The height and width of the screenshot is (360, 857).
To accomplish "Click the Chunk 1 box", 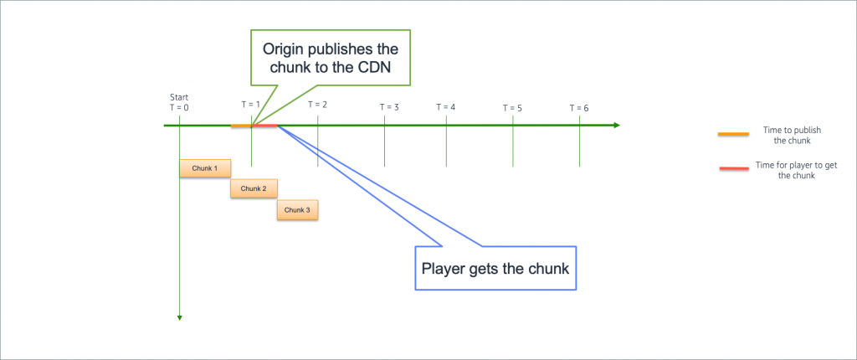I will [204, 168].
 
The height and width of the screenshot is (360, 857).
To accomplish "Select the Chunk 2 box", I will [253, 188].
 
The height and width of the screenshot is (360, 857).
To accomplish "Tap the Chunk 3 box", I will [297, 209].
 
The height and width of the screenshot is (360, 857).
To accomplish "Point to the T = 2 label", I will [317, 105].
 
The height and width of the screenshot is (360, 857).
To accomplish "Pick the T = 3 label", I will [389, 107].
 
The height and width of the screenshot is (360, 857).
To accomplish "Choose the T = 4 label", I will [446, 107].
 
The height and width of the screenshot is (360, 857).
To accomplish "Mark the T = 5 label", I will [512, 108].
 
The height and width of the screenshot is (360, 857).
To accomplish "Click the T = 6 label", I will [579, 108].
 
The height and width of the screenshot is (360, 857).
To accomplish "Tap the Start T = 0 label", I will [179, 103].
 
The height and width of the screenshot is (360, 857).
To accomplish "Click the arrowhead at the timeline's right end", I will [616, 126].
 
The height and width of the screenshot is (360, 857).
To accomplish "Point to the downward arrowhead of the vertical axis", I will [179, 317].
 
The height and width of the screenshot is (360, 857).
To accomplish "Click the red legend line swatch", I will [733, 168].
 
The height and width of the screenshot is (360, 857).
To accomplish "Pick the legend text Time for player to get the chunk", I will [789, 172].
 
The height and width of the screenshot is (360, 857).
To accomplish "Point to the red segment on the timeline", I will [264, 126].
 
